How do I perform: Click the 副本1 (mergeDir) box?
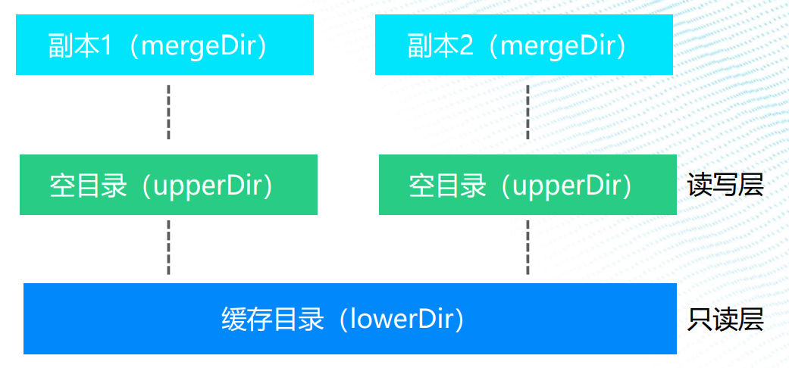tap(164, 45)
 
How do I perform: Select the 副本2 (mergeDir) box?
tap(524, 45)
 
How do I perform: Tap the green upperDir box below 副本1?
tap(168, 185)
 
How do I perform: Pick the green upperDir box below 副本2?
tap(528, 185)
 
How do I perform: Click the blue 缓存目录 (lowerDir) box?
tap(349, 319)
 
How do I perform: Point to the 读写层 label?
tap(725, 186)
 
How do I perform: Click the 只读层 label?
tap(725, 320)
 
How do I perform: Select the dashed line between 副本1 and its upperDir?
tap(168, 112)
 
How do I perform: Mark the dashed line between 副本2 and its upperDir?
tap(528, 112)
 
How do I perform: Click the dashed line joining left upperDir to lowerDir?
tap(168, 248)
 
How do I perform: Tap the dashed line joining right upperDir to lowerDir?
tap(528, 248)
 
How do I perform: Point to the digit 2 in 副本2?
tap(466, 45)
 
